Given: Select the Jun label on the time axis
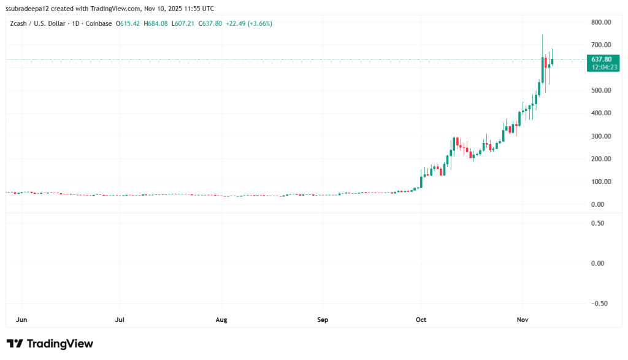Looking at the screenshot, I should tap(21, 320).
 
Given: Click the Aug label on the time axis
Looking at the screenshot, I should tap(222, 320).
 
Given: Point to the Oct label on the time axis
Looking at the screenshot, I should tap(421, 320).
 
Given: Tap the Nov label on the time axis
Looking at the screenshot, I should tap(522, 320).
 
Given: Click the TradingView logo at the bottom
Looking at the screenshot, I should tap(50, 343).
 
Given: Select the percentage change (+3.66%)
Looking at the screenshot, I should tap(258, 24).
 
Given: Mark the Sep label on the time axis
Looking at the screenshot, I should tap(323, 320).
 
